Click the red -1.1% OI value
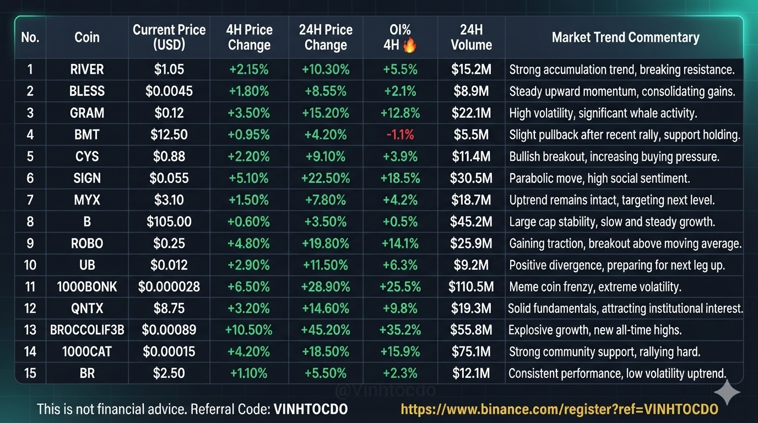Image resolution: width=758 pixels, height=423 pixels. [x=400, y=135]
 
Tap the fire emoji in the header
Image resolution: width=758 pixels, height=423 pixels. [x=410, y=45]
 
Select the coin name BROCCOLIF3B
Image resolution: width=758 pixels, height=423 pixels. [x=87, y=330]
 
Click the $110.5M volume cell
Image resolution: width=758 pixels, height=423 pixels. [x=471, y=286]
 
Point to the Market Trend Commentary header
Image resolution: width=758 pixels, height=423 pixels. [x=625, y=37]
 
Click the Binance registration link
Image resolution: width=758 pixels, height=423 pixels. [x=559, y=409]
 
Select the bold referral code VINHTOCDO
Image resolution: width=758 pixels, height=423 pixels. [x=311, y=409]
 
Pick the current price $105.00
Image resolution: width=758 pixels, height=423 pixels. [x=169, y=221]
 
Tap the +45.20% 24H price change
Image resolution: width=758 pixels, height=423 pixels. [x=326, y=330]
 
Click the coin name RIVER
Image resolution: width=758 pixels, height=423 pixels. [x=87, y=69]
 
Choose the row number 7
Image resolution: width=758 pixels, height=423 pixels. [x=30, y=200]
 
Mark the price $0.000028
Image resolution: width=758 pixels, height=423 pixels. [x=169, y=286]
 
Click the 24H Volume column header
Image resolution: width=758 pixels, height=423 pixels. [x=471, y=37]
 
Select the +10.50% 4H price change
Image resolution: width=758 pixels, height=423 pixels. [x=249, y=330]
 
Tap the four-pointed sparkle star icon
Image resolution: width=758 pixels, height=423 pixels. [x=727, y=392]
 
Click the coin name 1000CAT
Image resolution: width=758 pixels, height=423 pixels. [x=87, y=351]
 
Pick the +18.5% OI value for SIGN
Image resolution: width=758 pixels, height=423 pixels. [x=400, y=178]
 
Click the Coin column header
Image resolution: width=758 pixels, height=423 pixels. [x=87, y=37]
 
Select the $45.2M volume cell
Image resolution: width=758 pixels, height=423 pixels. [x=471, y=221]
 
